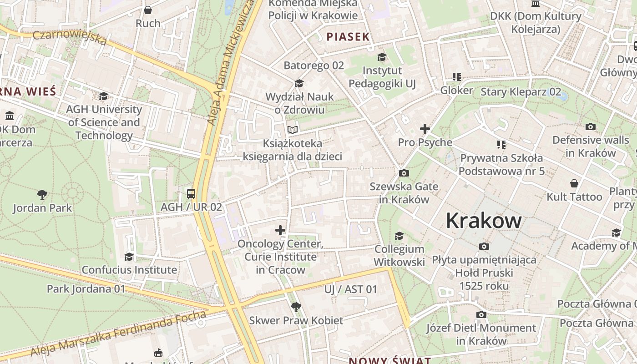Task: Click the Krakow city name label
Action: click(484, 221)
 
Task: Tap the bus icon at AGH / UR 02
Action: click(191, 194)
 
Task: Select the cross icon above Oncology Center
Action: click(280, 230)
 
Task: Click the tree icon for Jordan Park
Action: click(42, 195)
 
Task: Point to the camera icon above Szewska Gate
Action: click(404, 173)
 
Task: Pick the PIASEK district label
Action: click(348, 37)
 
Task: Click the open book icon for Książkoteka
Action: click(293, 130)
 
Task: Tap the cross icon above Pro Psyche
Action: click(425, 129)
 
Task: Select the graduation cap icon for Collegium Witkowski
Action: click(399, 236)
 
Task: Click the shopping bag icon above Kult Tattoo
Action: click(574, 183)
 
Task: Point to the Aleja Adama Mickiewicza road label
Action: click(231, 64)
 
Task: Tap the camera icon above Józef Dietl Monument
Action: click(481, 314)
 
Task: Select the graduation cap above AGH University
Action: click(104, 96)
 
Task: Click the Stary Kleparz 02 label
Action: click(521, 92)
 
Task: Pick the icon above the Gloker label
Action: click(456, 77)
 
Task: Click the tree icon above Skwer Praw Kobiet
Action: click(296, 307)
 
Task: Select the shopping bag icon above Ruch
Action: click(148, 10)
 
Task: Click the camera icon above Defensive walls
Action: click(591, 126)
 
